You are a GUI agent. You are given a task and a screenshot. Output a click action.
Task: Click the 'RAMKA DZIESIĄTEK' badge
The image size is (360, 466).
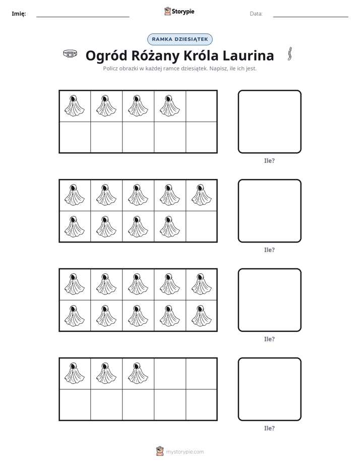pyautogui.click(x=179, y=39)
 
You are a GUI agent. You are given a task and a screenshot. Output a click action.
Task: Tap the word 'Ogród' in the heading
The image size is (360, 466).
pyautogui.click(x=106, y=56)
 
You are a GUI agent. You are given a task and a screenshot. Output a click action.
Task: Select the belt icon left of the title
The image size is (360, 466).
pyautogui.click(x=70, y=54)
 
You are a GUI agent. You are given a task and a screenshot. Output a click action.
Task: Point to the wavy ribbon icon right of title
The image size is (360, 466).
pyautogui.click(x=290, y=54)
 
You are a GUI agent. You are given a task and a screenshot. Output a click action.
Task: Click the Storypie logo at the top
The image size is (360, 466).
pyautogui.click(x=179, y=11)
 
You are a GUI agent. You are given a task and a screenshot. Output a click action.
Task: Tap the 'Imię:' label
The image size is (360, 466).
pyautogui.click(x=19, y=14)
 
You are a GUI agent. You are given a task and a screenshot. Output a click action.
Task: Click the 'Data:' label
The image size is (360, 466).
pyautogui.click(x=256, y=14)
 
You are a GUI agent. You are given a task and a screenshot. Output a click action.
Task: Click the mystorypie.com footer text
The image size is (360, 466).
pyautogui.click(x=185, y=452)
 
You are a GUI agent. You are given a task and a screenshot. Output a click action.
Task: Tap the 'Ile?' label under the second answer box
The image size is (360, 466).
pyautogui.click(x=269, y=250)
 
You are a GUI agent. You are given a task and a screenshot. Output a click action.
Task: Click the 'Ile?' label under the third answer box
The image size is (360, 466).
pyautogui.click(x=269, y=339)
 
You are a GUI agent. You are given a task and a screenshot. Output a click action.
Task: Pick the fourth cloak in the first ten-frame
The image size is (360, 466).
pyautogui.click(x=169, y=105)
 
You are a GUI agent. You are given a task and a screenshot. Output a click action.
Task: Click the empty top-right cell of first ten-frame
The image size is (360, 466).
pyautogui.click(x=201, y=106)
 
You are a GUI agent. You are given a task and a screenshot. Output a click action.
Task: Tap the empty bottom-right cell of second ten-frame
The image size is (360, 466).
pyautogui.click(x=201, y=226)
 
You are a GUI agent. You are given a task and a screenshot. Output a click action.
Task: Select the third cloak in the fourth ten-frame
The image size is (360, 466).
pyautogui.click(x=138, y=373)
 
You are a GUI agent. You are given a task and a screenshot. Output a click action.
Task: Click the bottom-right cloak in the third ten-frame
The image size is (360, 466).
pyautogui.click(x=201, y=315)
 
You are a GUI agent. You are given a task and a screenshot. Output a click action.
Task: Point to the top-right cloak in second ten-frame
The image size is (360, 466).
pyautogui.click(x=201, y=195)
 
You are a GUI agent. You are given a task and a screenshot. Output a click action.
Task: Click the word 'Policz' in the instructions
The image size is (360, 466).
pyautogui.click(x=110, y=69)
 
